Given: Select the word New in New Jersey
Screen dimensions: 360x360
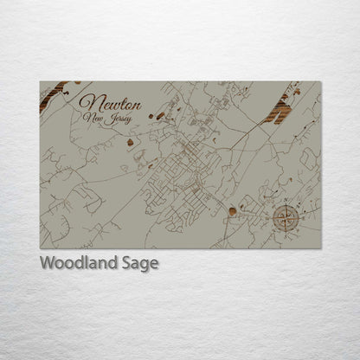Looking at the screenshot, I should [92, 115].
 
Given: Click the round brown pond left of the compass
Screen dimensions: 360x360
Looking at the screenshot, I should [233, 209].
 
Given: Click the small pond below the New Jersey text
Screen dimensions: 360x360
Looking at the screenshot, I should [131, 142].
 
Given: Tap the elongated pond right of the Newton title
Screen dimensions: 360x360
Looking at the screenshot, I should [157, 114].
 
